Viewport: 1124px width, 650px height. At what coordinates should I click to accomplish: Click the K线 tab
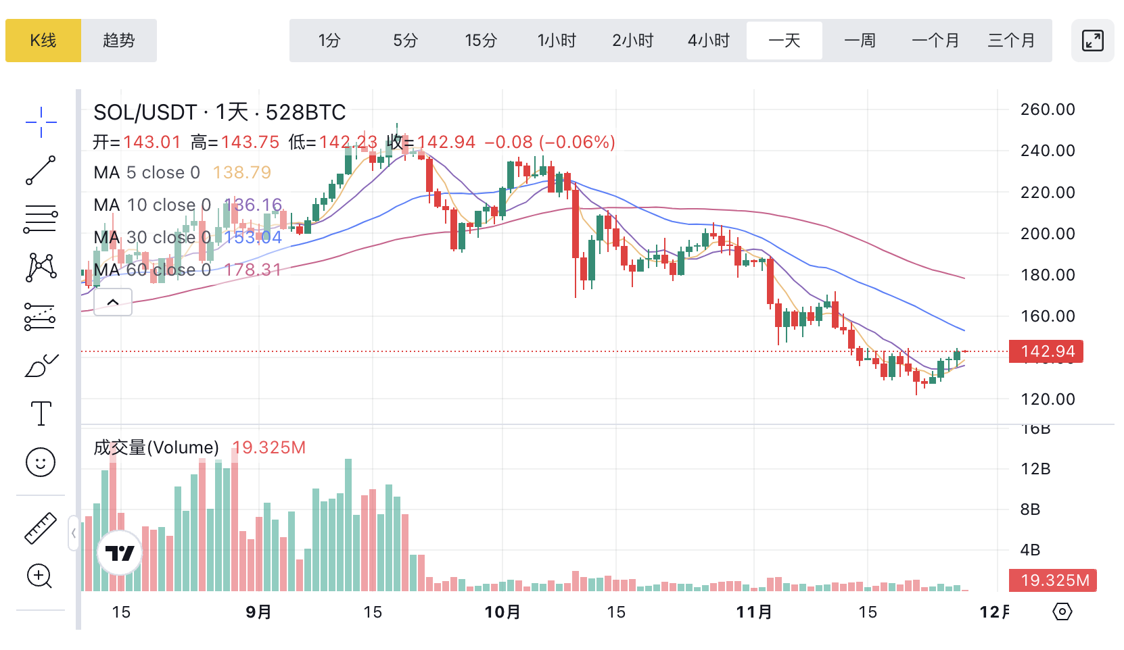click(43, 41)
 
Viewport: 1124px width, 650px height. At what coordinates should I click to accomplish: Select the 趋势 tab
click(119, 41)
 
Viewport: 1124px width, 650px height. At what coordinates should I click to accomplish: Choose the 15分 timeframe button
click(481, 41)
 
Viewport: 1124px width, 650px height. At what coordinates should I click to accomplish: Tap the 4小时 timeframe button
click(709, 41)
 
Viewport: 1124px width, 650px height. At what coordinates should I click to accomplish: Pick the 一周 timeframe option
click(860, 41)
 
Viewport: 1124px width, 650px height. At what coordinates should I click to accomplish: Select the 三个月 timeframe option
click(1012, 41)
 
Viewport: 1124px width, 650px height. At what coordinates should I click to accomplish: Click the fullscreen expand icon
click(1093, 41)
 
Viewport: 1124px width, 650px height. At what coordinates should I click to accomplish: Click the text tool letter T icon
click(41, 413)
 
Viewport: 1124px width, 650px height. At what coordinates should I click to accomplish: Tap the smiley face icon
click(41, 462)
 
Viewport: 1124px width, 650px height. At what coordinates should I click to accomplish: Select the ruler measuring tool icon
click(41, 528)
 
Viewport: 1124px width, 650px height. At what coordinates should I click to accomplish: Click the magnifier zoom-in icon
click(39, 576)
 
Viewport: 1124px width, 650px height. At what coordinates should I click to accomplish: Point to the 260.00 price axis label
click(1048, 109)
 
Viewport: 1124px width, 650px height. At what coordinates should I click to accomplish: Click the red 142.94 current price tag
click(1046, 351)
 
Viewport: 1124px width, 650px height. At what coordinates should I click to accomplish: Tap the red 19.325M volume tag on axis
click(1053, 580)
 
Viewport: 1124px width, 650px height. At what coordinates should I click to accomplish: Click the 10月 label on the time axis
click(502, 612)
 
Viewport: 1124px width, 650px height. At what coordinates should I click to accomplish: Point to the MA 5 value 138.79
click(242, 173)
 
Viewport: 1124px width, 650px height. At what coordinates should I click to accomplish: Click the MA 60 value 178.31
click(253, 270)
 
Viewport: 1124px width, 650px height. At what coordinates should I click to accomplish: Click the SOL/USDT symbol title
click(145, 112)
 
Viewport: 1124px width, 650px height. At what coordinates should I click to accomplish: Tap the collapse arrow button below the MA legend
click(113, 302)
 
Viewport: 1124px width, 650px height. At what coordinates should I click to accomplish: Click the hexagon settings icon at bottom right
click(1062, 612)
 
